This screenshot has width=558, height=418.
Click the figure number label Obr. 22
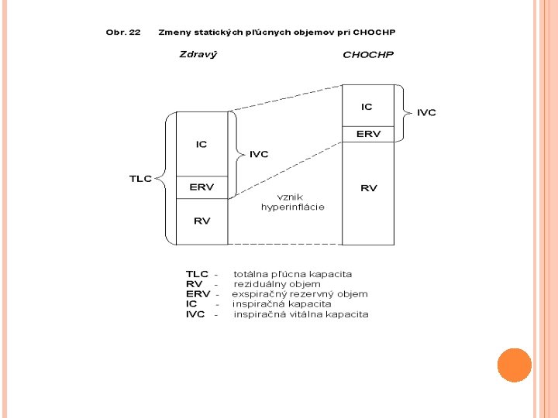tap(123, 33)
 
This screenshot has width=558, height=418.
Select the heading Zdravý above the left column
tap(198, 55)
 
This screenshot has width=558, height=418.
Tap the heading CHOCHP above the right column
tap(368, 55)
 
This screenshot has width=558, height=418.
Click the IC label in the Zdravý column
tap(201, 145)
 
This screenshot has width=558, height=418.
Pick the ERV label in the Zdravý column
tap(201, 187)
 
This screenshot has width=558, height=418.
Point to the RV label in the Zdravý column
tap(201, 221)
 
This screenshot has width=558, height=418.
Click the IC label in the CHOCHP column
tap(367, 107)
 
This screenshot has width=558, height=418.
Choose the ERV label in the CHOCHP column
tap(368, 134)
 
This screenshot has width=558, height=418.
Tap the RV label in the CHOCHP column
tap(368, 188)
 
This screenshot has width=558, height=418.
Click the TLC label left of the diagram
tap(140, 179)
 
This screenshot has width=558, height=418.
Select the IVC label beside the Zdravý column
tap(259, 154)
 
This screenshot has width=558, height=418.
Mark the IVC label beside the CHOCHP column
tap(426, 113)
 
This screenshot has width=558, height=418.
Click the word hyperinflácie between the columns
tap(292, 207)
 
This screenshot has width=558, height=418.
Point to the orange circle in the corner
tap(514, 365)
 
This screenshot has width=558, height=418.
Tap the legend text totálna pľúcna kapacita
tap(292, 274)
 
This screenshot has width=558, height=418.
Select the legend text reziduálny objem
tap(277, 284)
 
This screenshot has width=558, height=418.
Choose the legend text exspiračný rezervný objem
tap(300, 294)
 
